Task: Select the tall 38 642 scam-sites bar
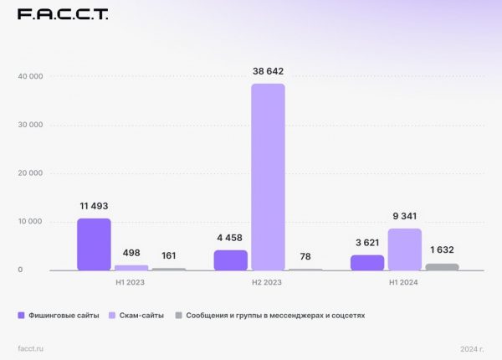pos(268,177)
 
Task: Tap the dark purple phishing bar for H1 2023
pos(94,244)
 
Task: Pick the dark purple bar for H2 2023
pos(231,260)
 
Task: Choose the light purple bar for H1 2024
pos(405,249)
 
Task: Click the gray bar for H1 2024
pos(442,267)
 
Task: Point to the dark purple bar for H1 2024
pos(367,263)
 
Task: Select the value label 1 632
pos(442,250)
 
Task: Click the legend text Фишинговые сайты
pos(64,316)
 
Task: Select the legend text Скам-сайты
pos(141,316)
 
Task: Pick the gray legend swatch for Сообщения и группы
pos(178,316)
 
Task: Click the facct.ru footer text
pos(30,347)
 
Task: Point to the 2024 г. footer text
pos(473,347)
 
